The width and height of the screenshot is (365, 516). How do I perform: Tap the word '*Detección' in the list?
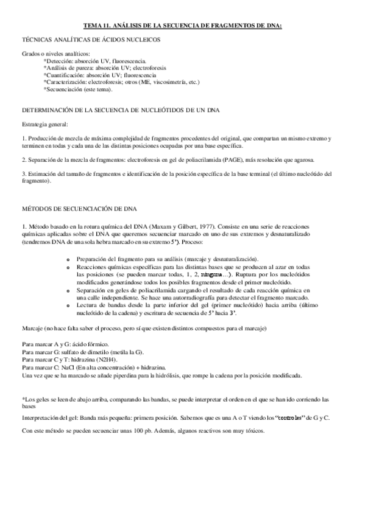[58, 61]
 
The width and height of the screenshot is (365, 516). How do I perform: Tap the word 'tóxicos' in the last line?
[254, 431]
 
